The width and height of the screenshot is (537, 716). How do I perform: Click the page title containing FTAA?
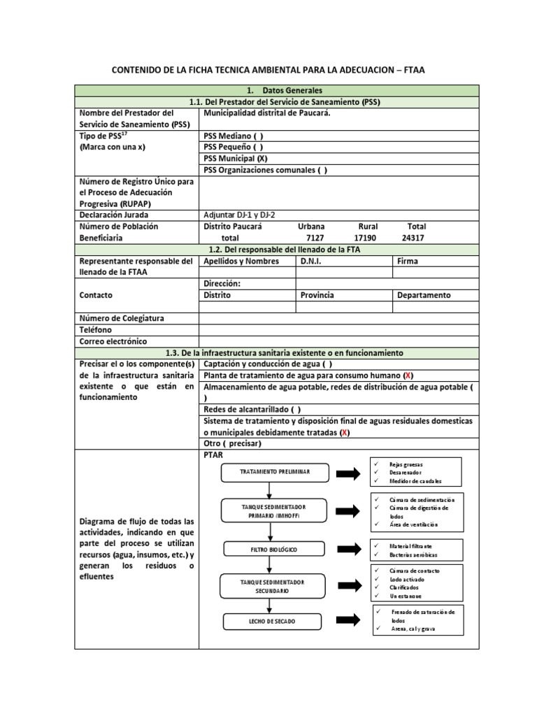pos(278,71)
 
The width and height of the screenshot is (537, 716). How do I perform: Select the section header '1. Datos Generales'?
pos(278,91)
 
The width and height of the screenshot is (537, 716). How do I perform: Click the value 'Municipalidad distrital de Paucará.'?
pos(267,113)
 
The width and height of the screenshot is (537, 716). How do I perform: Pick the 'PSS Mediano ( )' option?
pos(234,136)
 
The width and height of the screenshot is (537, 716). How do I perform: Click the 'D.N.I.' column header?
pos(313,261)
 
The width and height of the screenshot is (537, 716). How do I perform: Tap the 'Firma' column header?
pos(408,261)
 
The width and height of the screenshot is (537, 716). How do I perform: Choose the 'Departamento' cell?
pos(424,295)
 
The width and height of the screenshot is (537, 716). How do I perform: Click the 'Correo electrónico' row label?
pos(113,341)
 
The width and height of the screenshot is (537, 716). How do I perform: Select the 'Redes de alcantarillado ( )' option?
pos(252,410)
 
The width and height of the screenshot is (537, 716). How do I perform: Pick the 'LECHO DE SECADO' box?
pos(272,621)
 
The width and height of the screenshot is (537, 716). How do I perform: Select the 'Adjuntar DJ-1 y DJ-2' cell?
pos(243,215)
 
